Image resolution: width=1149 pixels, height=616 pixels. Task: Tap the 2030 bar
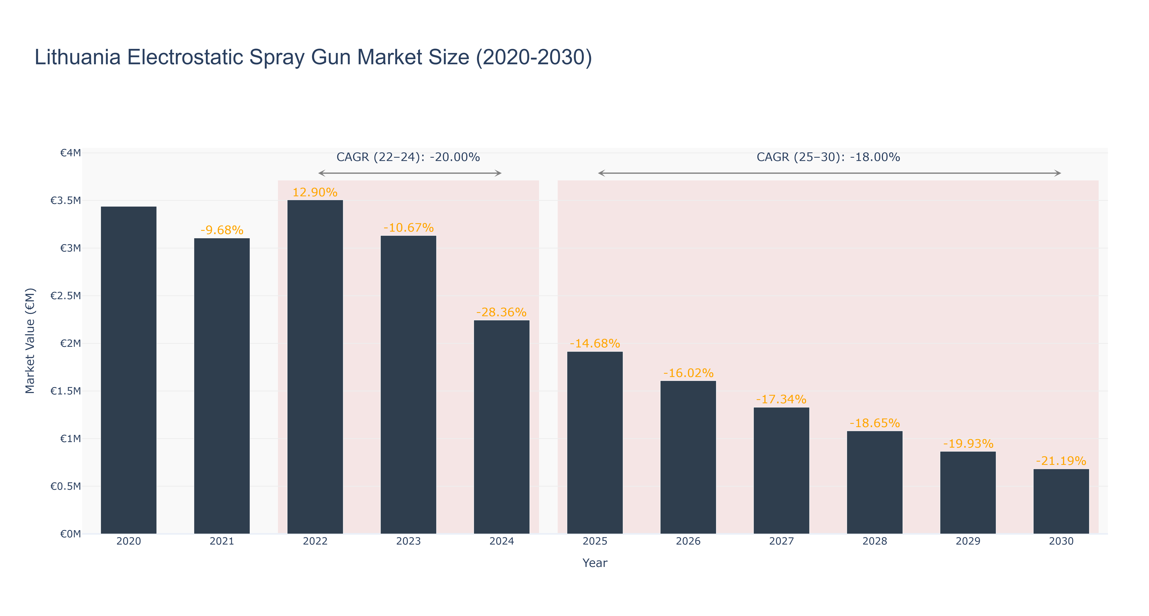[1061, 501]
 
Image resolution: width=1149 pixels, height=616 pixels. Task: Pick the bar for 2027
[782, 470]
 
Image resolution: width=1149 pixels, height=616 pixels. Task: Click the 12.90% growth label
[315, 192]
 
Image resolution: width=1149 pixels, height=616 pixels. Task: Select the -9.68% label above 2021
[222, 230]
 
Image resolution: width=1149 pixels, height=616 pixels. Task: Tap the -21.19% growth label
[1061, 461]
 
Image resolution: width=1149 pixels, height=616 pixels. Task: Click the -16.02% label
[688, 373]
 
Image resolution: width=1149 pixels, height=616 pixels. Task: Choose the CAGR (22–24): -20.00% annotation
[408, 157]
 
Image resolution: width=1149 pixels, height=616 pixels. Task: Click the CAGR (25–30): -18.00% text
[828, 157]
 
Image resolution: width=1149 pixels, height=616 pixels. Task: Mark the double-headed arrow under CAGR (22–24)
[410, 173]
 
